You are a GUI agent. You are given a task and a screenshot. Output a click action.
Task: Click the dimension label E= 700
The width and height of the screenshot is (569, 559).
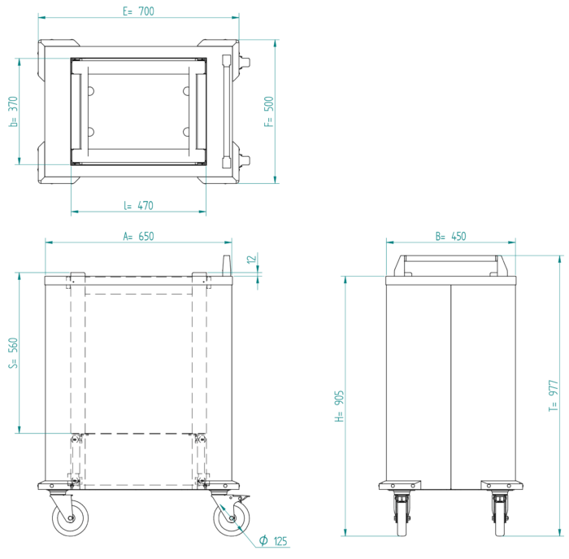point(138,11)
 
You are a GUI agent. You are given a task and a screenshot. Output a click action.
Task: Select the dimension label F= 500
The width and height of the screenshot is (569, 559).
point(269,111)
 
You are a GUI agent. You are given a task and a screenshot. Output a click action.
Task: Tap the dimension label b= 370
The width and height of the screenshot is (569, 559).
point(13,111)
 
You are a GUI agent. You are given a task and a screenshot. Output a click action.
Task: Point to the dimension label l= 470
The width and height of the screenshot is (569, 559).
point(138,206)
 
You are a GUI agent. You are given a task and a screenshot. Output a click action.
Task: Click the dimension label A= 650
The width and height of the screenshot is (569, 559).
point(138,237)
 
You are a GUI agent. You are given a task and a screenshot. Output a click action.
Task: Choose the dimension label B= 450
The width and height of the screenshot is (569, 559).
point(450,237)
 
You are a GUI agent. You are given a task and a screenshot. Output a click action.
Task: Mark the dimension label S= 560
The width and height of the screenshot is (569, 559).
point(13,352)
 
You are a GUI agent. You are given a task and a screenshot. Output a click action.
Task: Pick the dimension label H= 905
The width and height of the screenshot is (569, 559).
point(339,406)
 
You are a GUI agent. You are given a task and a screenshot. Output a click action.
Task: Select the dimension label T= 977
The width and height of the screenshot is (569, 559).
point(553,395)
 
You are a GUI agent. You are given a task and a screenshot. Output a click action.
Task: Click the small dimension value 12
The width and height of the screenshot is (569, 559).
point(251,260)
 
